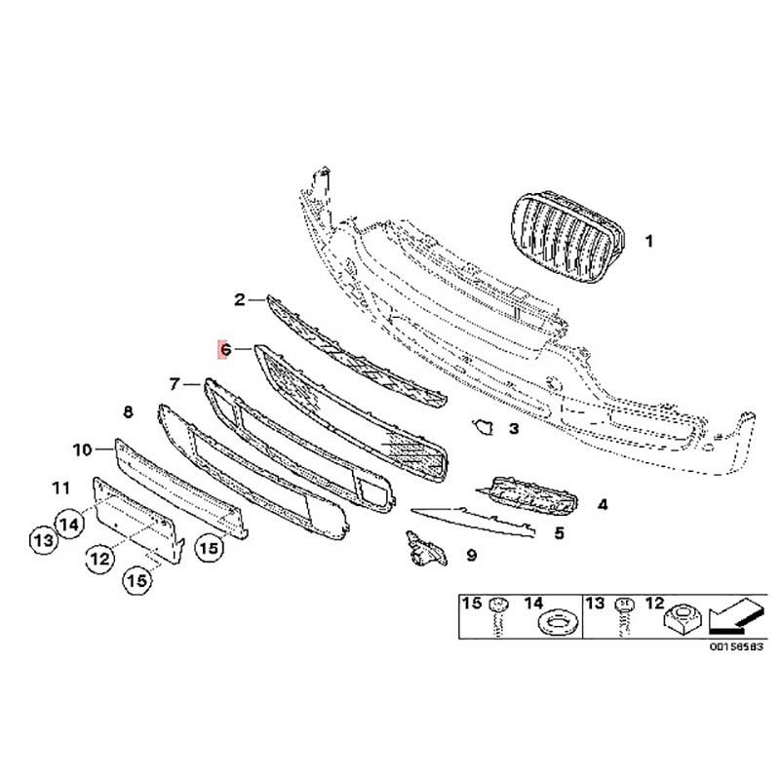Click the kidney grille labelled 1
[x=568, y=237]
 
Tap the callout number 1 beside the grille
[x=648, y=241]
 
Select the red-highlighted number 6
[x=225, y=349]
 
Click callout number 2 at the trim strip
[x=240, y=299]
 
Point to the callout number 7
[x=175, y=384]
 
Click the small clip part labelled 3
[x=483, y=426]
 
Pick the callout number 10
[x=83, y=449]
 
